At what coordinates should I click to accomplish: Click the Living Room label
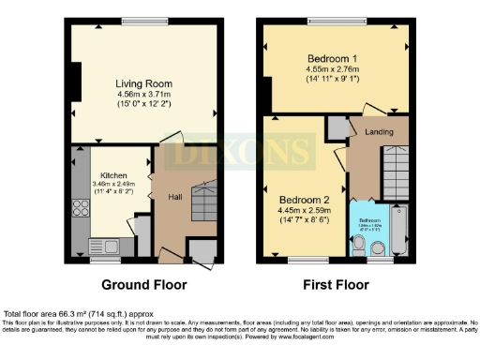point(143,83)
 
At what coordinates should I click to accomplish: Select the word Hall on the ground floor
point(175,198)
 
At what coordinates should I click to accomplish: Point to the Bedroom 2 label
point(303,200)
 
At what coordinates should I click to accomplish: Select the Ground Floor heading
point(143,284)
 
